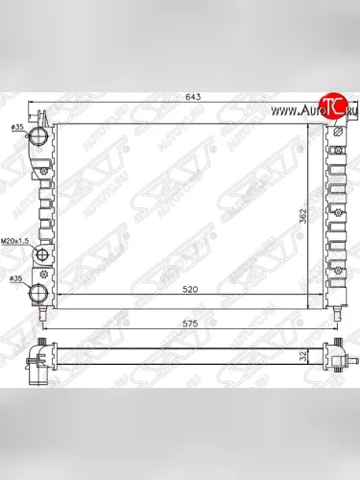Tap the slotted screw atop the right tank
click(337, 131)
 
